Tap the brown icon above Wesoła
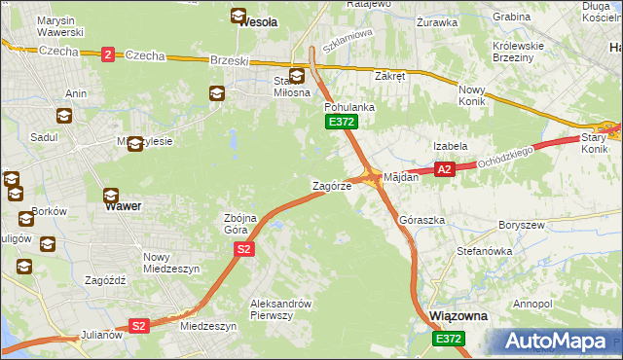(x=238, y=15)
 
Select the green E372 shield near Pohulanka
(x=342, y=122)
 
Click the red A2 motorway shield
(x=444, y=169)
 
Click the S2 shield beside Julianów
(x=139, y=326)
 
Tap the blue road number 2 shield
(x=107, y=54)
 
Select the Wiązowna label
(x=458, y=317)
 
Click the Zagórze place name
(x=331, y=185)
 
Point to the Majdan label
(x=401, y=178)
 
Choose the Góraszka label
(x=422, y=221)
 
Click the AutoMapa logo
(x=561, y=341)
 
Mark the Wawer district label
(x=123, y=206)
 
